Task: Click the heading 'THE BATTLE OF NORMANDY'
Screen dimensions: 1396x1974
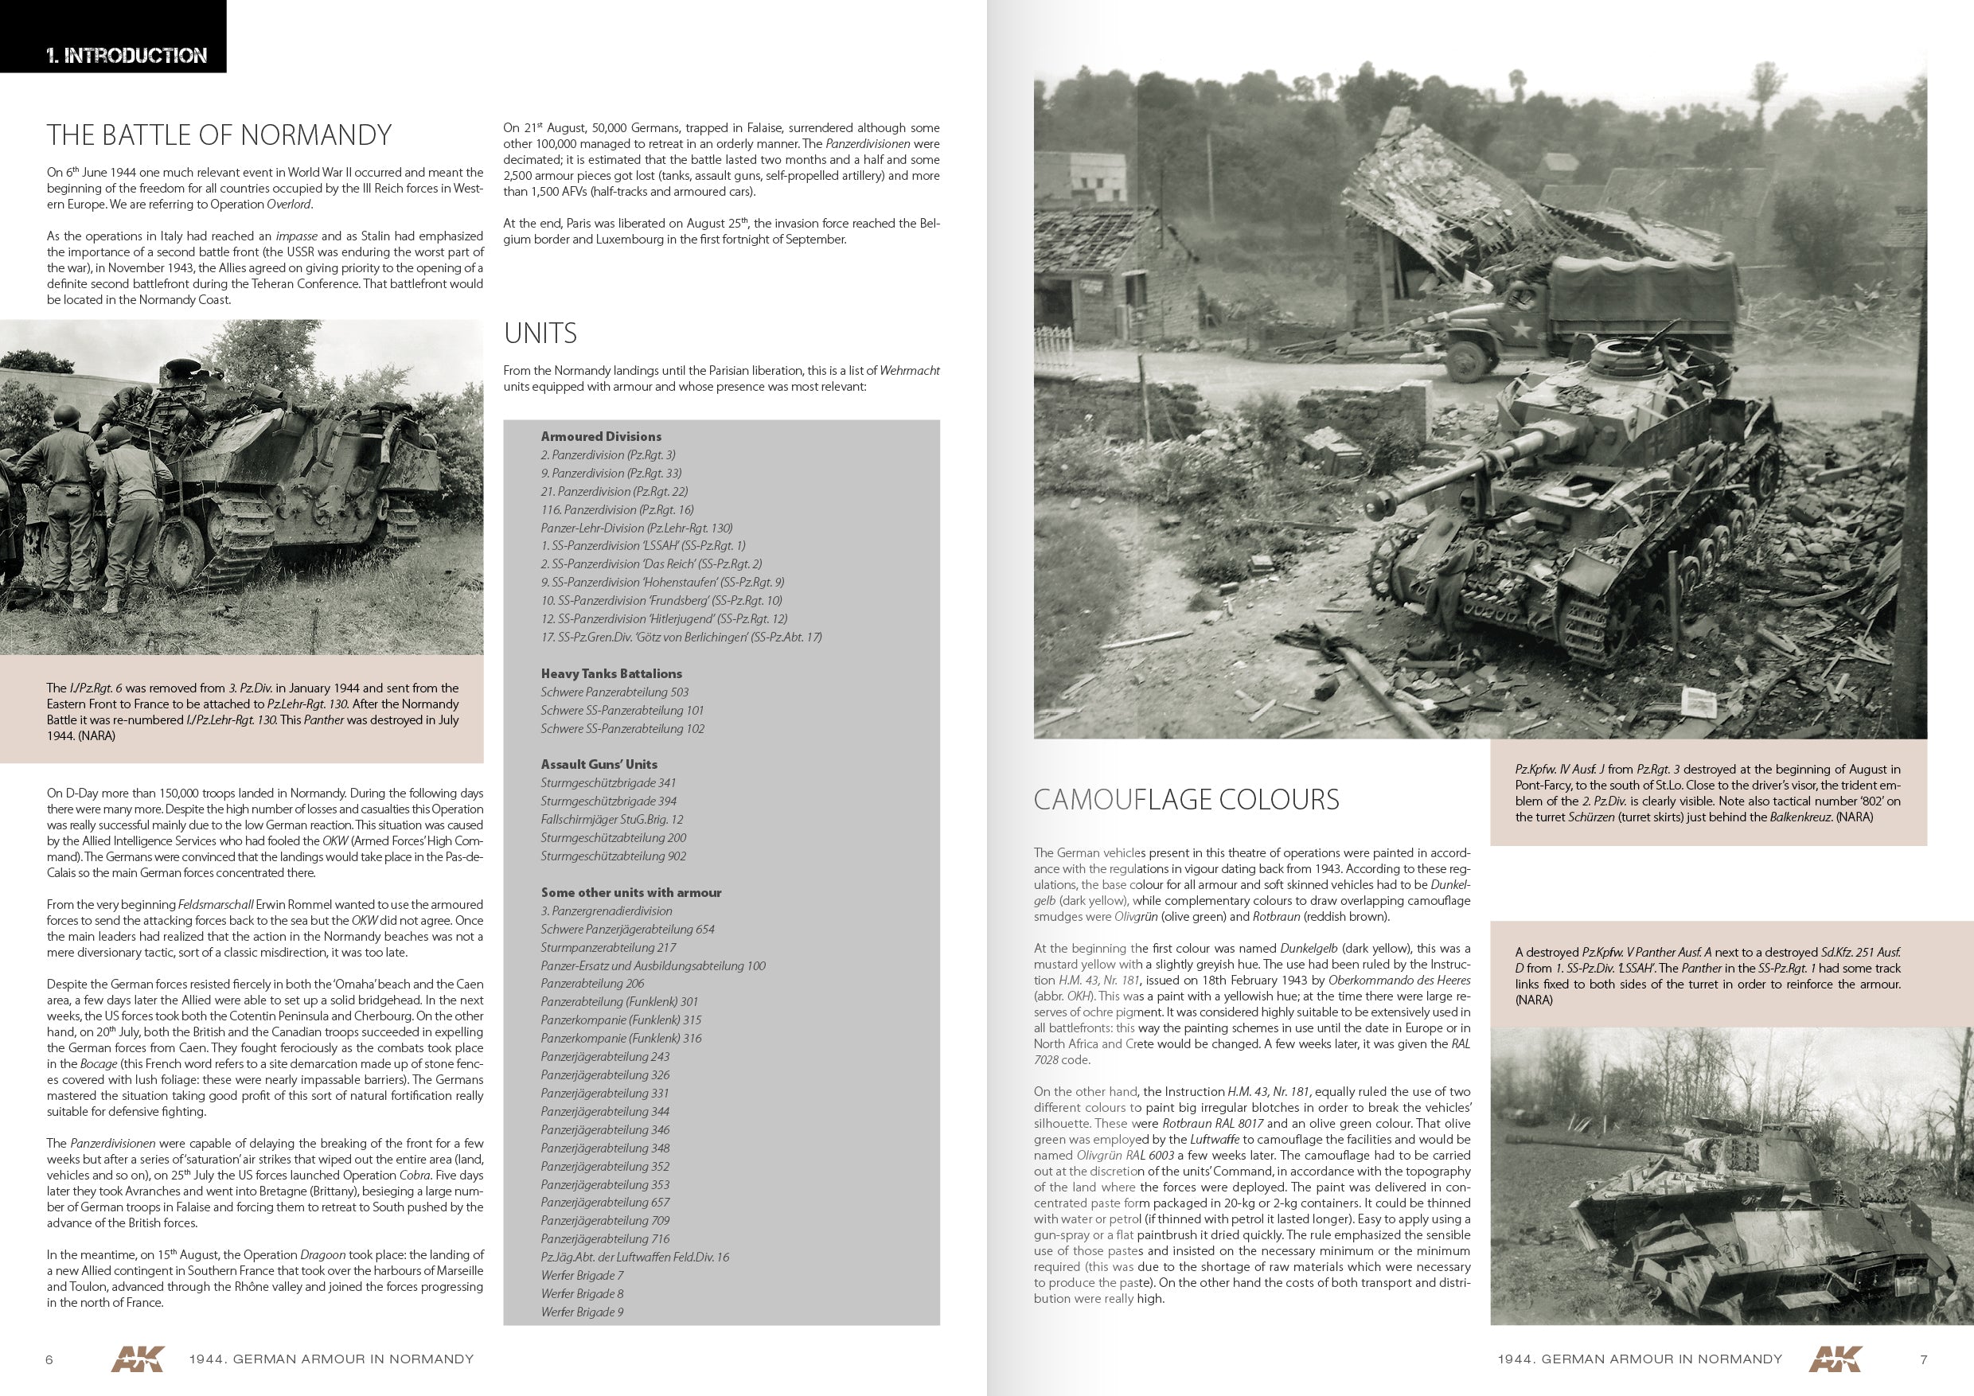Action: (x=219, y=135)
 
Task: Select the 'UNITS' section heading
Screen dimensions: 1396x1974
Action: (x=540, y=333)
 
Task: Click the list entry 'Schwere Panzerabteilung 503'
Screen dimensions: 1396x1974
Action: (x=614, y=692)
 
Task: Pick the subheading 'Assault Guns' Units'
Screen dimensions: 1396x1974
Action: (x=599, y=764)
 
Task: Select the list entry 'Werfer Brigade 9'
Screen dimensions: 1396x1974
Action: (x=582, y=1312)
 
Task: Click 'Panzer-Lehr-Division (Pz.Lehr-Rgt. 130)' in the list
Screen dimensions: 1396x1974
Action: (x=636, y=528)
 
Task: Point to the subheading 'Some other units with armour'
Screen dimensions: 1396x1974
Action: (x=630, y=892)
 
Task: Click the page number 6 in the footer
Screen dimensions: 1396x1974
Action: (x=49, y=1359)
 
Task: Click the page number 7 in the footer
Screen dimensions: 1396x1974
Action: (x=1923, y=1359)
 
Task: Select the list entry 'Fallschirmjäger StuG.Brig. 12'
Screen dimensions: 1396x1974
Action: (x=611, y=819)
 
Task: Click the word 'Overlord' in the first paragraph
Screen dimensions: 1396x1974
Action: (x=289, y=205)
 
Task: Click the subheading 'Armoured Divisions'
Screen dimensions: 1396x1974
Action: (x=601, y=437)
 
